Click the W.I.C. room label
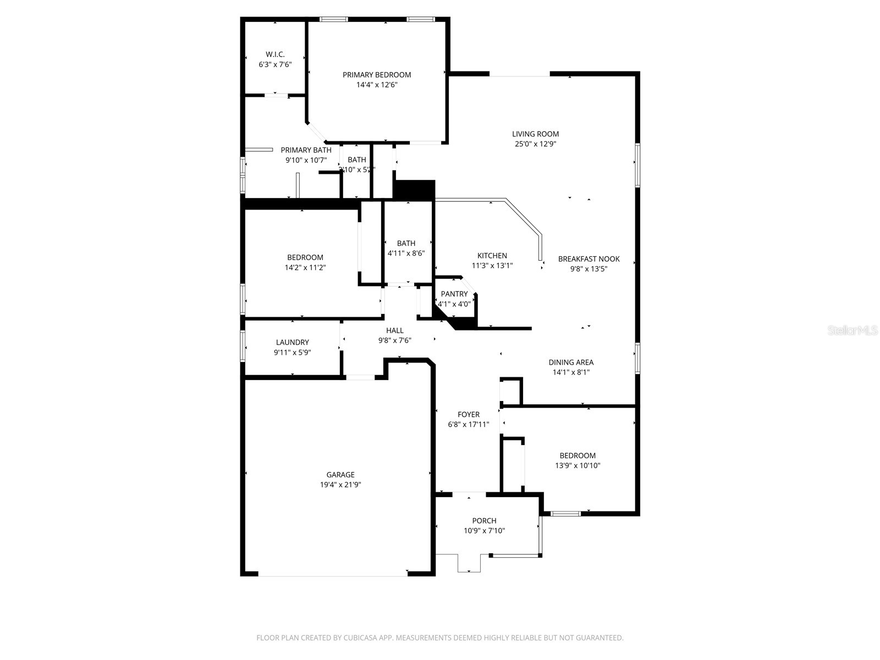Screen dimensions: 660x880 (275, 54)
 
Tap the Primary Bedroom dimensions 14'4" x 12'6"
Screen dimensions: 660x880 (377, 85)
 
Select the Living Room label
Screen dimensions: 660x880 (535, 134)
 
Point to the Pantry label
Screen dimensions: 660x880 (454, 294)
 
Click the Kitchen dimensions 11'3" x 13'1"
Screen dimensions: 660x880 (492, 266)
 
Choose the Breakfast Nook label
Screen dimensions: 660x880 (588, 259)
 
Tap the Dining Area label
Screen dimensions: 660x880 (571, 362)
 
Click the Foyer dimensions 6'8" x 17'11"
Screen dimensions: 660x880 (469, 425)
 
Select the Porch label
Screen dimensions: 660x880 (484, 521)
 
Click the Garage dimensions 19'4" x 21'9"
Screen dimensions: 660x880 (340, 485)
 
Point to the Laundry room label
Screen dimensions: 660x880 (292, 342)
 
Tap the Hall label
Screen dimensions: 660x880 (394, 331)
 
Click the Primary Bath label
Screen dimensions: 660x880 (306, 150)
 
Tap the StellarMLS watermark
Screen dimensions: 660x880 (853, 331)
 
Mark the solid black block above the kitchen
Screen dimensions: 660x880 (414, 190)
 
